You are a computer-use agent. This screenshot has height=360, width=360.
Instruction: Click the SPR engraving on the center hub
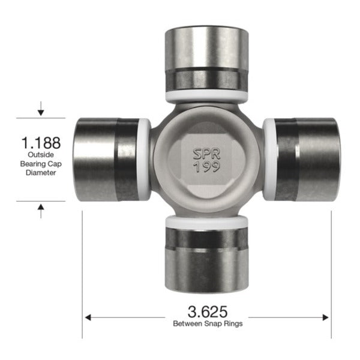point(206,154)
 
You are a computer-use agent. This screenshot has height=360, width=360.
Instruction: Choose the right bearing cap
point(306,159)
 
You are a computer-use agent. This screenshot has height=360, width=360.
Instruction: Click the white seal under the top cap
point(206,95)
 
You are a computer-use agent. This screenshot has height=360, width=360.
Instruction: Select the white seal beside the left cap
point(145,159)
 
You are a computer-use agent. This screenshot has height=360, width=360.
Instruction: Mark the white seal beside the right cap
point(269,159)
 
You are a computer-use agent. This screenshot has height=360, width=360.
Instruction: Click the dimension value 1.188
point(41,143)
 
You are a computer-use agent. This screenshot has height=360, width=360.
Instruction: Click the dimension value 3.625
point(207,311)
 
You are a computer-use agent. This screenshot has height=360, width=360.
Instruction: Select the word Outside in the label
point(41,155)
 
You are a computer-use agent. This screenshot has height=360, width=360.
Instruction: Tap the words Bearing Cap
point(41,164)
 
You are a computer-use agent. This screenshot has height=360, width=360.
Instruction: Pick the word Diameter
point(41,172)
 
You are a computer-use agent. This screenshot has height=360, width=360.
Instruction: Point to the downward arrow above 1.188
point(41,110)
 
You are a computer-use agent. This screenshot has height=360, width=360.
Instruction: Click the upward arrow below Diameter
point(41,209)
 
